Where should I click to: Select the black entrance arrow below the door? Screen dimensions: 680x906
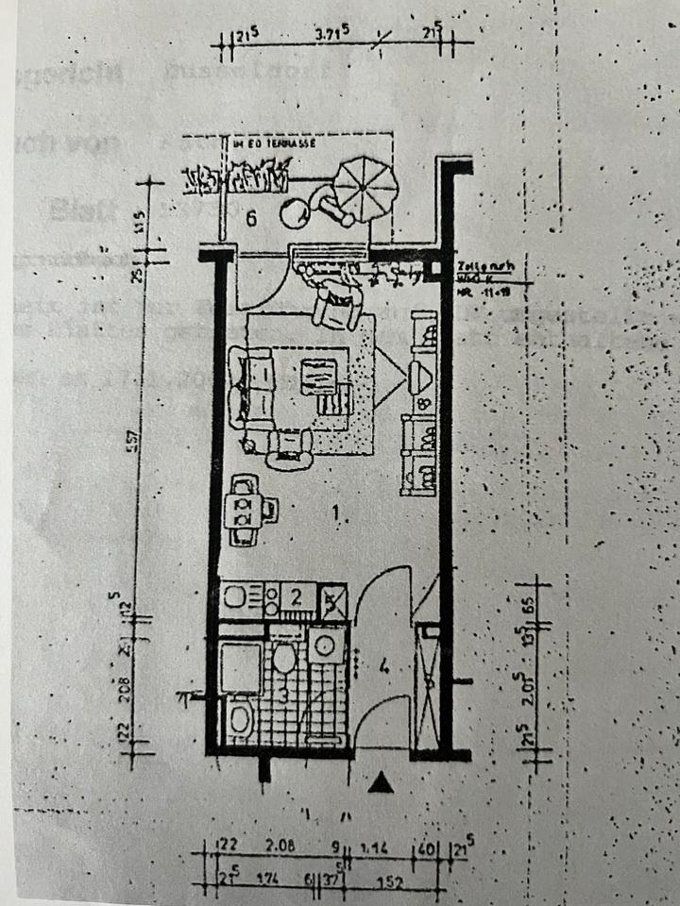click(x=382, y=782)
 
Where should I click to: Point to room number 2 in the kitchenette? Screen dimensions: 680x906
click(x=295, y=596)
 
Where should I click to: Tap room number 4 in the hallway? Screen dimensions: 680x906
click(x=384, y=665)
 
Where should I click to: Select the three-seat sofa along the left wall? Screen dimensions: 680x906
click(x=249, y=388)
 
